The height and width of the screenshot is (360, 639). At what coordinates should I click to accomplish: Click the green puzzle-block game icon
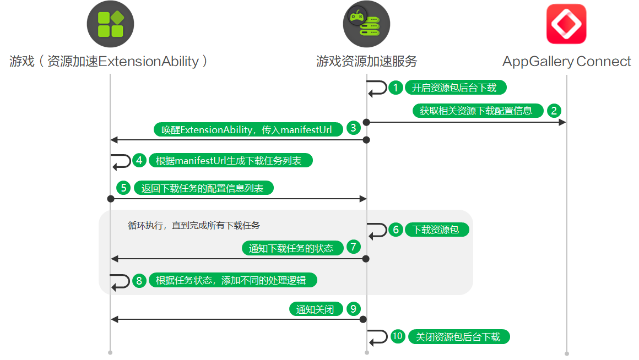[x=110, y=24]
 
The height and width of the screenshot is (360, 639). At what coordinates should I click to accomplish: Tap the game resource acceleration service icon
[x=366, y=24]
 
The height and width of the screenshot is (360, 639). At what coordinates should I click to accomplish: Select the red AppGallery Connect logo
[x=566, y=24]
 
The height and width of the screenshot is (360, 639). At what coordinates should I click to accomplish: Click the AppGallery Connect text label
[x=566, y=61]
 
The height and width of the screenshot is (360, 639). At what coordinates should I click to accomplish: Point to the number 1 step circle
[x=396, y=88]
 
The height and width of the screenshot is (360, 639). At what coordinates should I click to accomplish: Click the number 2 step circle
[x=554, y=110]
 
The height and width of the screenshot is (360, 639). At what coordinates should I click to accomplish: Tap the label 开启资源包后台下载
[x=454, y=88]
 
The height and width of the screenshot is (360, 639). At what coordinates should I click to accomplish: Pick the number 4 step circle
[x=140, y=160]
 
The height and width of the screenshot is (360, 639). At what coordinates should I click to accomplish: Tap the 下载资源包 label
[x=436, y=230]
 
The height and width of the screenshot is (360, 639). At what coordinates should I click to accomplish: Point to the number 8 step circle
[x=139, y=281]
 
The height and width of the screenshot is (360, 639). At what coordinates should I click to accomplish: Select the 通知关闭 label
[x=315, y=309]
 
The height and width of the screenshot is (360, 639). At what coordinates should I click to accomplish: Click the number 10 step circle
[x=398, y=336]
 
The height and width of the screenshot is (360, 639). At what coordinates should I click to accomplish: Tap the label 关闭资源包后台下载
[x=458, y=337]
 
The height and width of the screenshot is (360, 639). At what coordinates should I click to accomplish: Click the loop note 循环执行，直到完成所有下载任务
[x=193, y=225]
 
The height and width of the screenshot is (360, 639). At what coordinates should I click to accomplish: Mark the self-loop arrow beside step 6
[x=378, y=230]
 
